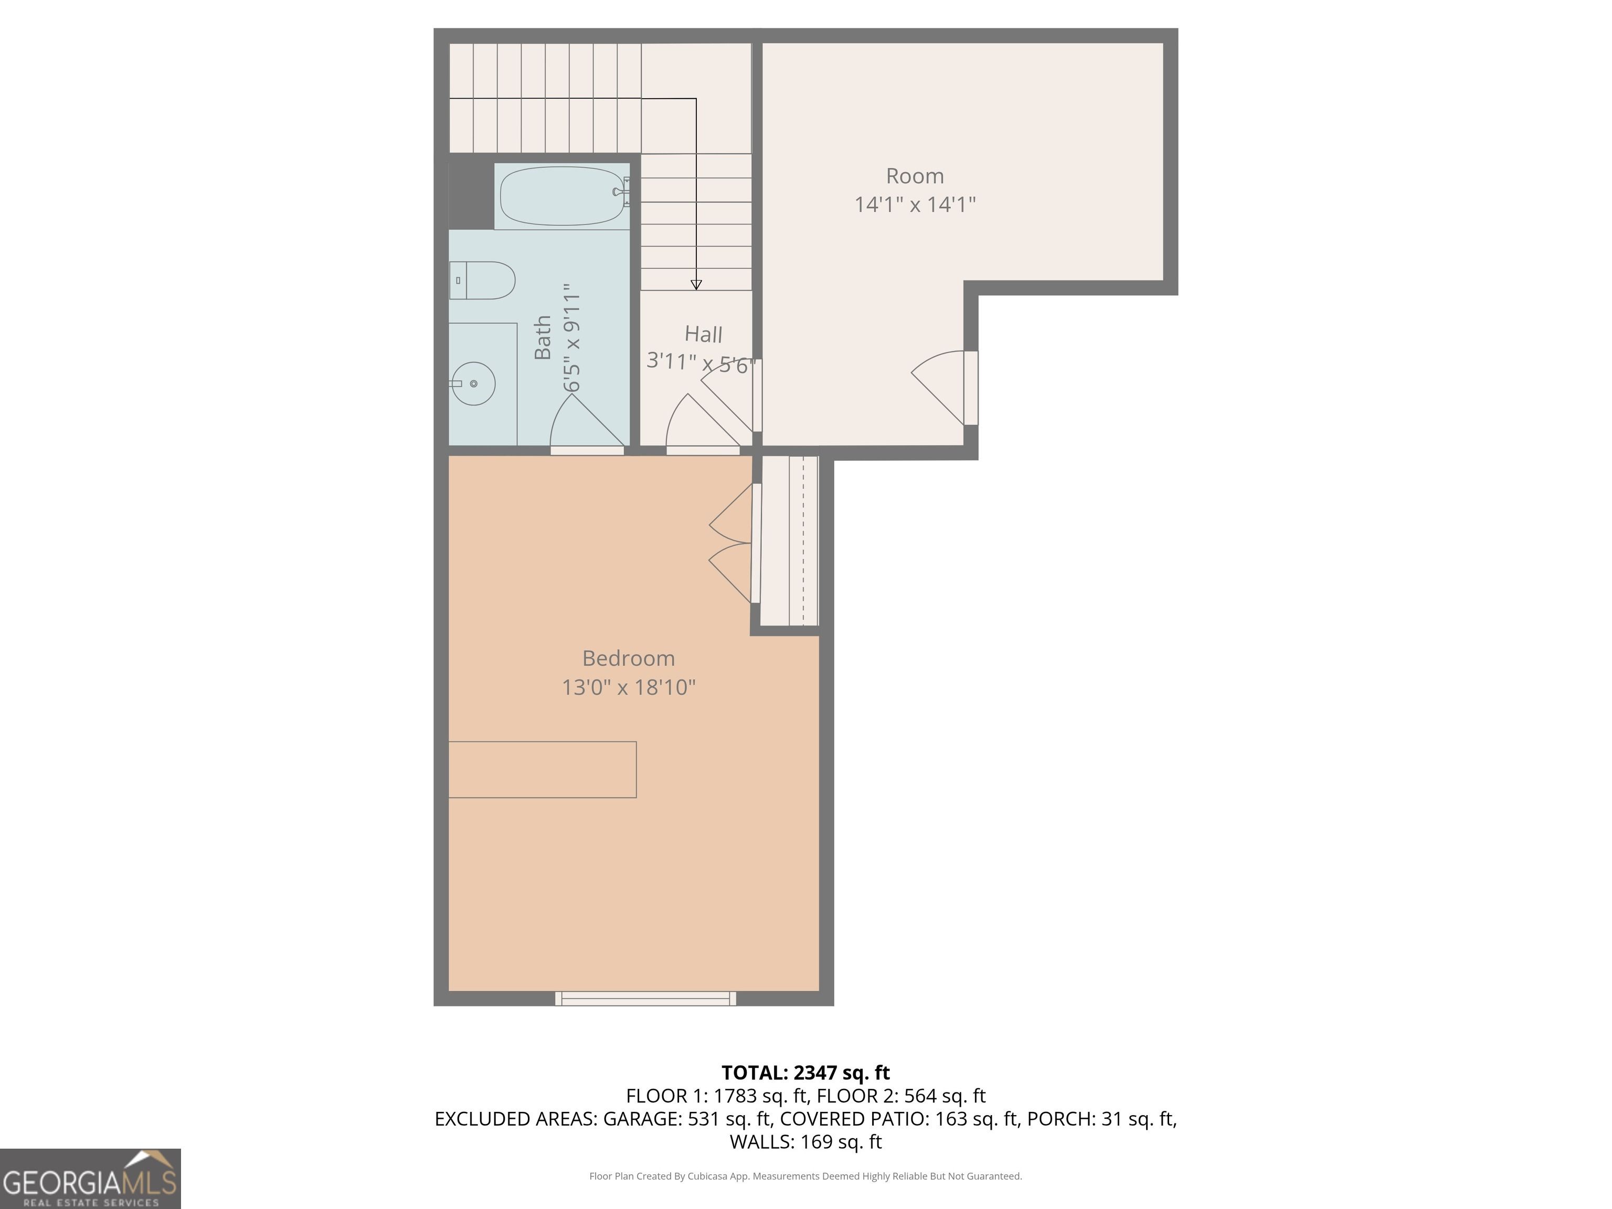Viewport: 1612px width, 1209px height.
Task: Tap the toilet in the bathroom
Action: (x=482, y=281)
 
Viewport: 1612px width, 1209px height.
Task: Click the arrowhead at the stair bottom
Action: (x=696, y=285)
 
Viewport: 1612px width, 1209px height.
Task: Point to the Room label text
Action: (x=915, y=176)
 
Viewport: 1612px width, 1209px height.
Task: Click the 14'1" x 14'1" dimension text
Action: (x=915, y=205)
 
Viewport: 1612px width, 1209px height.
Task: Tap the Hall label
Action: (x=703, y=334)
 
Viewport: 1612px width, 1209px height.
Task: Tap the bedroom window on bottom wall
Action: (x=645, y=999)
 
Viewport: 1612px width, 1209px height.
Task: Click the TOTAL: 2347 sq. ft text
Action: (x=805, y=1073)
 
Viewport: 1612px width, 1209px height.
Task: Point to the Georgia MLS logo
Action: (x=90, y=1179)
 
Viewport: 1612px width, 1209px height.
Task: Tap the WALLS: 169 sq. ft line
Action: (x=805, y=1142)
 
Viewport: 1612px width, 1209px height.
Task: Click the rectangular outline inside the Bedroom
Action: (x=542, y=770)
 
